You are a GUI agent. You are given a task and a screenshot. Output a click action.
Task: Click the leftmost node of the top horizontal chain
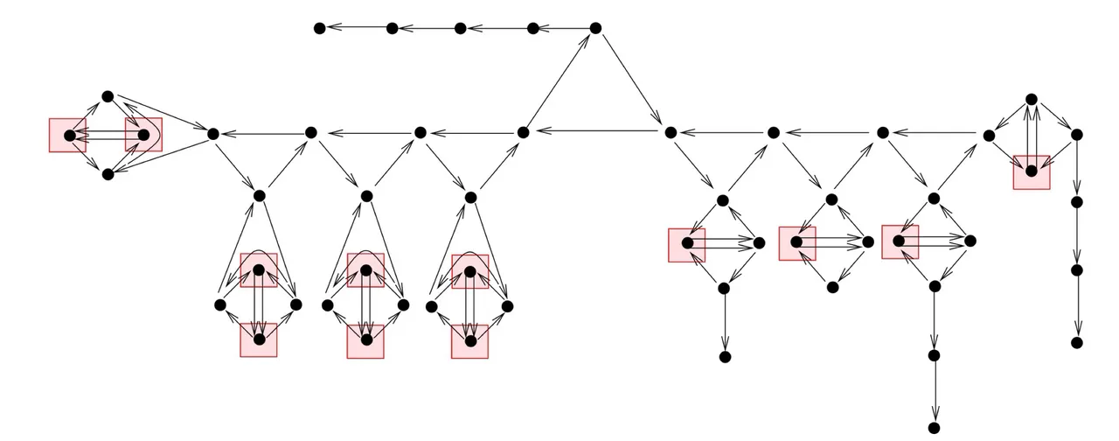pyautogui.click(x=320, y=28)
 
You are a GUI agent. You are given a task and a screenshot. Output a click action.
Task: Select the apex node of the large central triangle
pyautogui.click(x=595, y=28)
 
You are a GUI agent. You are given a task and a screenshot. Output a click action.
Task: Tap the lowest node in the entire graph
pyautogui.click(x=934, y=428)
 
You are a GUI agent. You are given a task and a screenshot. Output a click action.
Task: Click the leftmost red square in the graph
pyautogui.click(x=67, y=136)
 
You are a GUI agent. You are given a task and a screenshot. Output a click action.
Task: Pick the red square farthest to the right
pyautogui.click(x=1032, y=171)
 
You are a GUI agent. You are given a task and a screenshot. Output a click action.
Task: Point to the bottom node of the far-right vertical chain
pyautogui.click(x=1077, y=342)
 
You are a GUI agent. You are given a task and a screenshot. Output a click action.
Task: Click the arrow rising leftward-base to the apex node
pyautogui.click(x=559, y=80)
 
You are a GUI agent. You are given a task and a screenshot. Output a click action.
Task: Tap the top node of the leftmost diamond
pyautogui.click(x=108, y=95)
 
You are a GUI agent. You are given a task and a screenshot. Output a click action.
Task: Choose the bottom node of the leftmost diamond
pyautogui.click(x=108, y=174)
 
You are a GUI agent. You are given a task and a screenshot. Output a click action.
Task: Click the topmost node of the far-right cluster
pyautogui.click(x=1032, y=99)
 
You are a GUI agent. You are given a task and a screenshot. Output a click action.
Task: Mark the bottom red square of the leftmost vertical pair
pyautogui.click(x=259, y=340)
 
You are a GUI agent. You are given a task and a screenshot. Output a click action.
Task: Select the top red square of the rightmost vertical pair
pyautogui.click(x=470, y=271)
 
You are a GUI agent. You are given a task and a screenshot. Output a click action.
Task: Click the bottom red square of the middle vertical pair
pyautogui.click(x=365, y=340)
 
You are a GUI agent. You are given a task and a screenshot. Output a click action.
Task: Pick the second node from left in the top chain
pyautogui.click(x=393, y=28)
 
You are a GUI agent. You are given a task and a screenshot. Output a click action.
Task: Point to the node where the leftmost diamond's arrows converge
pyautogui.click(x=212, y=133)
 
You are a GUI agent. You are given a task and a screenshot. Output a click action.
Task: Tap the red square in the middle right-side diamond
pyautogui.click(x=797, y=243)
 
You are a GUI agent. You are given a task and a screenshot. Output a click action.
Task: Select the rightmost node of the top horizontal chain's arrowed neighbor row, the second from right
pyautogui.click(x=533, y=28)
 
